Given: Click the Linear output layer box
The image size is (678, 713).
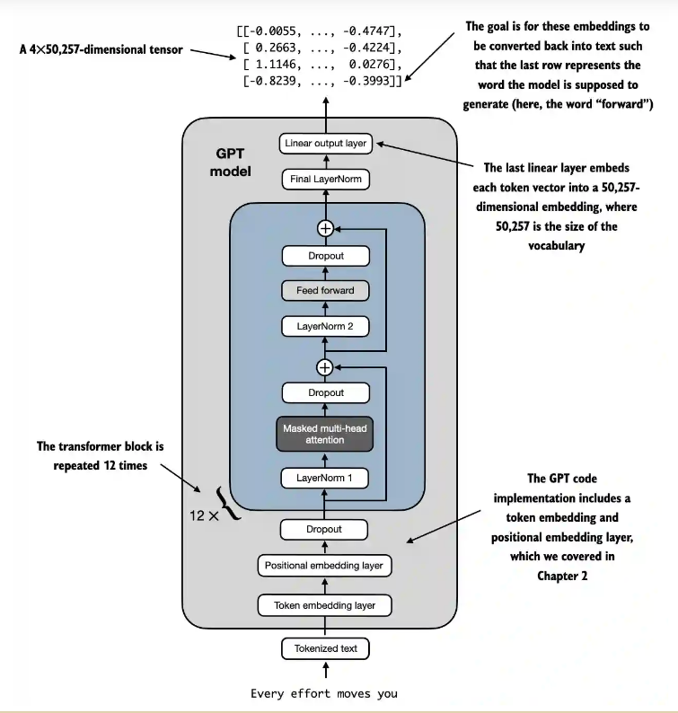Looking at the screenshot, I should point(325,144).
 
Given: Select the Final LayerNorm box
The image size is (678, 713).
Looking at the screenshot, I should point(325,180).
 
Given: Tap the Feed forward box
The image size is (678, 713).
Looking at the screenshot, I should point(325,290).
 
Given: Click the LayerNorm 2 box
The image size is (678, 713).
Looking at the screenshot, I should point(325,326).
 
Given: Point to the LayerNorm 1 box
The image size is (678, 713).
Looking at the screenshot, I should point(325,478).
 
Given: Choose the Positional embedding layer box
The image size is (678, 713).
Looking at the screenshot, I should point(325,566).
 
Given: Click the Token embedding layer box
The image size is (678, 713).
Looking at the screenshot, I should point(325,605).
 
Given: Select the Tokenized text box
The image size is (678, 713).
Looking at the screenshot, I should point(325,647).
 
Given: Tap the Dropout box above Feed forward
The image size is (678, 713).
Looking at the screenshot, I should point(325,256).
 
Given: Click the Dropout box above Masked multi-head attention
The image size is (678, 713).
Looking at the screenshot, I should point(325,392).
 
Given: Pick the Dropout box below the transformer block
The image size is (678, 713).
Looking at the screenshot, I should point(325,529).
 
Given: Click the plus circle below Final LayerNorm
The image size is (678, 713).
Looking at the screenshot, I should point(325,228).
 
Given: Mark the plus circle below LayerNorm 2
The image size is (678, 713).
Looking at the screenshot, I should point(325,366).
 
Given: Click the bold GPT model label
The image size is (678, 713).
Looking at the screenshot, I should point(231,162).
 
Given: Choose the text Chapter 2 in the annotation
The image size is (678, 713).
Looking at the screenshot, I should point(562,575).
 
